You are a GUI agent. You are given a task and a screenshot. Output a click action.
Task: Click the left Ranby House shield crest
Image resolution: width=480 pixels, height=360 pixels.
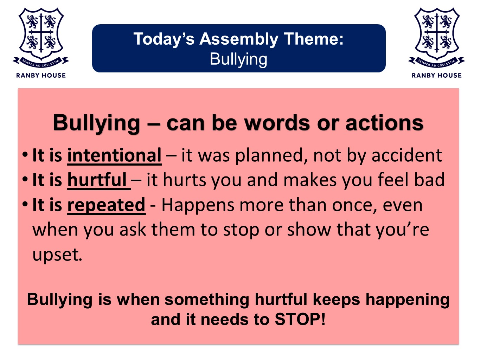coord(41,37)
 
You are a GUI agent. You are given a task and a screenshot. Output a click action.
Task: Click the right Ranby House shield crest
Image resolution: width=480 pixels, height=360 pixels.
coord(436,37)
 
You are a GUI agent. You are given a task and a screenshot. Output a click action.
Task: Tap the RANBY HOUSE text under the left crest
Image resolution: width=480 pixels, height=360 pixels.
coord(41,75)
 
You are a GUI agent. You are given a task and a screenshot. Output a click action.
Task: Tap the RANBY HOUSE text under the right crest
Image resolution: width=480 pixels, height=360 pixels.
coord(436,75)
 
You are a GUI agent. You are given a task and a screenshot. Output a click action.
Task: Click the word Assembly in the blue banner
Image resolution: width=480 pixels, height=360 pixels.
coord(239,39)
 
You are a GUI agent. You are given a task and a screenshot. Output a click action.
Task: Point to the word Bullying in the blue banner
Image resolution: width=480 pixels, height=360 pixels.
coord(238,59)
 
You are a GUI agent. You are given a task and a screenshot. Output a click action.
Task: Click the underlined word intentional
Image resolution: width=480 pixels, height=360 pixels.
coord(114,155)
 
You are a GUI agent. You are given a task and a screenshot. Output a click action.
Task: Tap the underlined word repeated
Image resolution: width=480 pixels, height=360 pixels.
coord(106,205)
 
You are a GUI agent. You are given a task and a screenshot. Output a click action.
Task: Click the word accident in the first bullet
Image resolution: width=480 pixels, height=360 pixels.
coord(407,155)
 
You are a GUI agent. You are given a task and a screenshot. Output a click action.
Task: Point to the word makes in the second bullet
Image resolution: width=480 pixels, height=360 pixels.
coord(310,180)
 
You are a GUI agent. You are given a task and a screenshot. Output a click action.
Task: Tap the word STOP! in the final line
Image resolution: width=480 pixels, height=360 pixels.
coord(300,320)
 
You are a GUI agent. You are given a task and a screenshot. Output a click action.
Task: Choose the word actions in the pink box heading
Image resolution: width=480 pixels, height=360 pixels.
coord(384,123)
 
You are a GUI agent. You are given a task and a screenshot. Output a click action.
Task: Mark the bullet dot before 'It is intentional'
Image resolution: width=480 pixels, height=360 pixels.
coord(25,155)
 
